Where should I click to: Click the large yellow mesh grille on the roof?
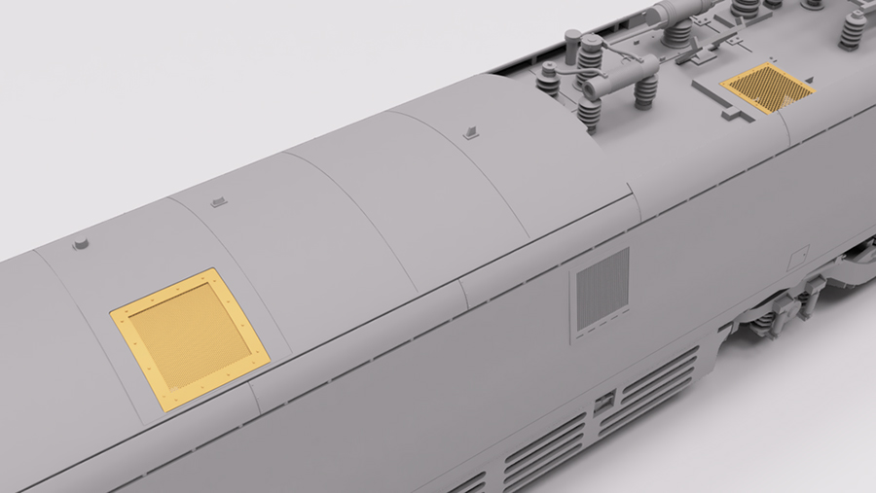pos(189,338)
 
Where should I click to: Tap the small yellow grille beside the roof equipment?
pos(768,88)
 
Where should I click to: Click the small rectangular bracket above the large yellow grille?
pos(219,201)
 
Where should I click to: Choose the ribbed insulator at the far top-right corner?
pos(855,29)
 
